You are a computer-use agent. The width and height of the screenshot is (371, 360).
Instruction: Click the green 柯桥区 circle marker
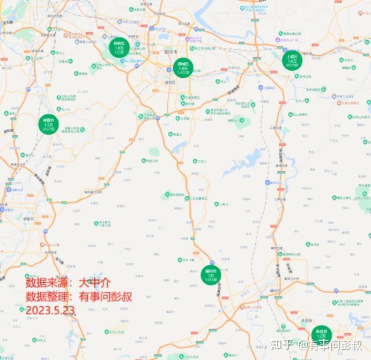tap(119, 48)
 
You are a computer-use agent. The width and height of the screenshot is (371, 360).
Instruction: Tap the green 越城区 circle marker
tap(183, 68)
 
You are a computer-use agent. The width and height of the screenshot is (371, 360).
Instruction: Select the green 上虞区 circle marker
tap(292, 61)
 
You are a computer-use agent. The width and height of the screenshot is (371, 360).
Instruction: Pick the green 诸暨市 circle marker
tap(49, 124)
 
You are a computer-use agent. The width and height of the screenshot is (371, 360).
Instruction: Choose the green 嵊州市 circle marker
tap(211, 275)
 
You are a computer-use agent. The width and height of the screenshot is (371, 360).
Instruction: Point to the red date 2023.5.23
tap(50, 311)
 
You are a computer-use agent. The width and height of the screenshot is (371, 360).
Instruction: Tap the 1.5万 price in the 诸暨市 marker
tap(49, 125)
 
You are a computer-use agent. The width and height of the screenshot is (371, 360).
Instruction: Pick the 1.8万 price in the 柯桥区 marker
tap(119, 48)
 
